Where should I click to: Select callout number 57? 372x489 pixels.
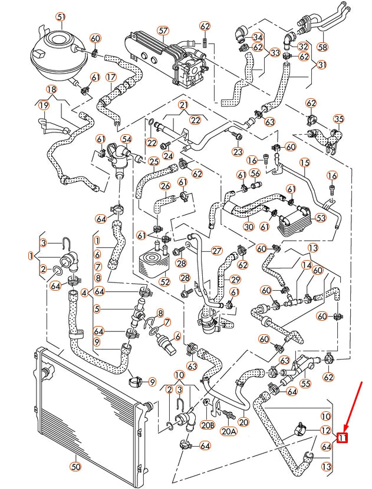[x=163, y=30]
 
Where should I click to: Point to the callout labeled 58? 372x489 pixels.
[x=338, y=46]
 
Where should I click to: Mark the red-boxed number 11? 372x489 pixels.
[x=343, y=437]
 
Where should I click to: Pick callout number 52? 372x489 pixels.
[x=164, y=282]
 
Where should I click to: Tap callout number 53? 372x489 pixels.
[x=321, y=218]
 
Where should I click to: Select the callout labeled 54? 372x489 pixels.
[x=126, y=139]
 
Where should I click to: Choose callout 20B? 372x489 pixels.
[x=207, y=425]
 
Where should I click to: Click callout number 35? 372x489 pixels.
[x=338, y=119]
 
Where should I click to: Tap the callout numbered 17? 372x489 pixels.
[x=111, y=77]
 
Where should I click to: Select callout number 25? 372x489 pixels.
[x=154, y=161]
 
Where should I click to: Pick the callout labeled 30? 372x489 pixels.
[x=248, y=227]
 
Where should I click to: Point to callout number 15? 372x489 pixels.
[x=304, y=162]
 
